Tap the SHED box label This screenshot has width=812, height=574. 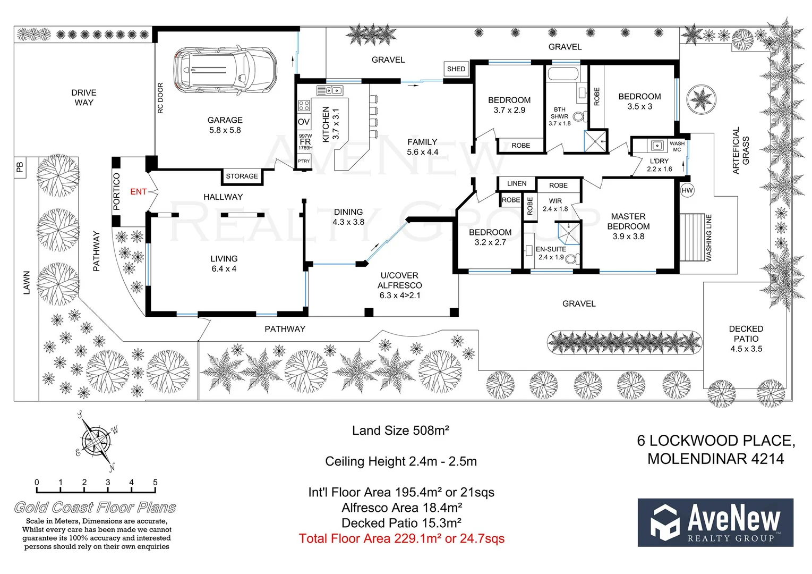click(456, 69)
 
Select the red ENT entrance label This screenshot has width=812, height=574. click(138, 191)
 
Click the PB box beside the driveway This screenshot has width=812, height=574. click(20, 167)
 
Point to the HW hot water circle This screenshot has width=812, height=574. click(687, 190)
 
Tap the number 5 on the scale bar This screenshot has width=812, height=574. click(155, 483)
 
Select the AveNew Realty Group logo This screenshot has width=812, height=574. click(715, 522)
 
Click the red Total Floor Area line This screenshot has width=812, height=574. click(401, 538)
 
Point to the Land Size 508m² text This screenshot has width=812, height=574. click(400, 430)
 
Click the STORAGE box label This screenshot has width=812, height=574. click(242, 176)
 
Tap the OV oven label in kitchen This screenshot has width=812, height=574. click(303, 122)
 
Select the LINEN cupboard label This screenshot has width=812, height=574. click(517, 183)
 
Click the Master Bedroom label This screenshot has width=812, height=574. click(628, 226)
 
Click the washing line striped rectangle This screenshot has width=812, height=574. click(692, 237)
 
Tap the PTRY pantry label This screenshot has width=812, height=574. click(304, 161)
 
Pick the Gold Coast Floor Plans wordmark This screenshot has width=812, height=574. click(95, 508)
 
